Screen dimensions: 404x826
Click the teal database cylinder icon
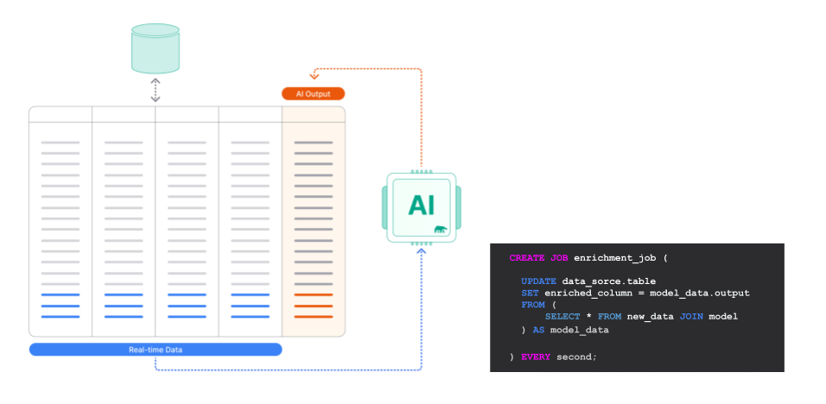156,48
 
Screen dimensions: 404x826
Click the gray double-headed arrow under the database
156,90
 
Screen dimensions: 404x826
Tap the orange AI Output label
313,93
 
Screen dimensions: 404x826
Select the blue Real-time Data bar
156,350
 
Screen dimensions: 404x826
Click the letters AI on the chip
421,205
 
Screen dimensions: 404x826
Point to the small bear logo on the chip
442,230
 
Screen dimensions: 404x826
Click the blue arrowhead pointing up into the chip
422,253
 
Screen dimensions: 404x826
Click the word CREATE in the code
527,258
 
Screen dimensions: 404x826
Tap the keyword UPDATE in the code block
538,281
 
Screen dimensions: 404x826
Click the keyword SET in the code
530,294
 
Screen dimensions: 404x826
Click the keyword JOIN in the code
691,317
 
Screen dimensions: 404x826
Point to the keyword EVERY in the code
536,357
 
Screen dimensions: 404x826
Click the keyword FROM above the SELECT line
533,305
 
